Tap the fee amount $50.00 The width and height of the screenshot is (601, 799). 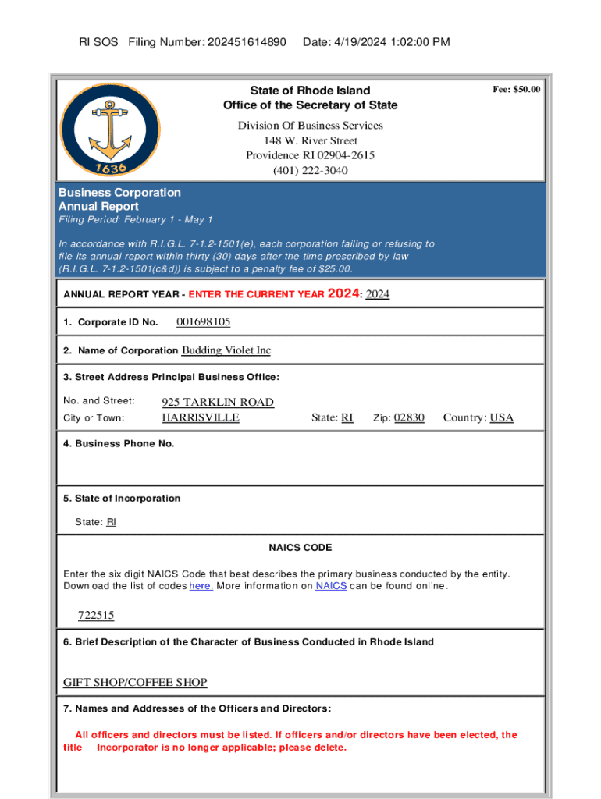click(516, 90)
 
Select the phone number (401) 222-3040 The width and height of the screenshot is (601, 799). click(310, 170)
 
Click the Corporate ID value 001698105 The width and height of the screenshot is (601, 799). click(204, 322)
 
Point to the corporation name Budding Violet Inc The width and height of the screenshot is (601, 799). click(226, 350)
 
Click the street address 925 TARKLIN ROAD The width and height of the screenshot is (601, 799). click(218, 402)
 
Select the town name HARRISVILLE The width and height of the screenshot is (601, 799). click(201, 417)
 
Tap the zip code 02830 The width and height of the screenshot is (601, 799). click(409, 417)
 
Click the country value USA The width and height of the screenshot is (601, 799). click(501, 417)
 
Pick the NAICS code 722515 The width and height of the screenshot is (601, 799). click(96, 616)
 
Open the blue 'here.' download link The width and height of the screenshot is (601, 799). click(201, 586)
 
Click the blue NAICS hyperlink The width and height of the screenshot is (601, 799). click(331, 586)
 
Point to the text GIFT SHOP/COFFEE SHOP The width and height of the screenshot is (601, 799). click(135, 683)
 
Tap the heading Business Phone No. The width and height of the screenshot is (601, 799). click(119, 444)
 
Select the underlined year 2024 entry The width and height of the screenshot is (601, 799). click(378, 294)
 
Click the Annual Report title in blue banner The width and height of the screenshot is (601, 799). click(98, 207)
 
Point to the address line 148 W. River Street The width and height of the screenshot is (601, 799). click(310, 140)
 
